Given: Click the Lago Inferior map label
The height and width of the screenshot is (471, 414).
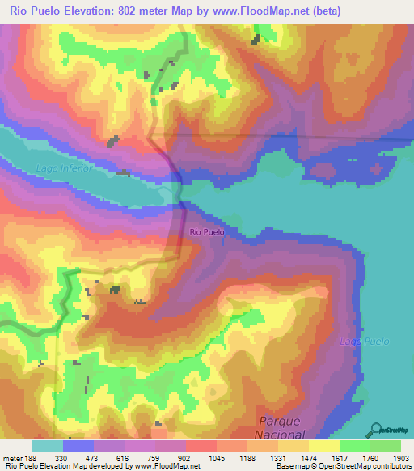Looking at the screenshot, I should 65,168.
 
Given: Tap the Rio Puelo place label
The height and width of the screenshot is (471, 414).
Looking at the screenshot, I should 207,232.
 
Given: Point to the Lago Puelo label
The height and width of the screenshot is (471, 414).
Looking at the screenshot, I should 364,342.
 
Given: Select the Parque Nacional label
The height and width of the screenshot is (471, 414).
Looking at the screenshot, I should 280,428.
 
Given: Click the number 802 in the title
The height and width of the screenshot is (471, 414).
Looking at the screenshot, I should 117,11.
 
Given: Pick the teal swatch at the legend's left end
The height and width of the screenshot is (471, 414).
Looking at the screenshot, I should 48,446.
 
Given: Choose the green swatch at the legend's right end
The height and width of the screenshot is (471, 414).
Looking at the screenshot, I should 386,446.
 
